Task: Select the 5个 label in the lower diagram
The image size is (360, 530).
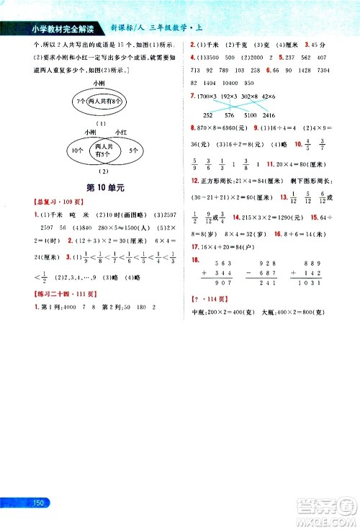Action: pyautogui.click(x=135, y=151)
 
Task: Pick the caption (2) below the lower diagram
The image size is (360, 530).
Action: pyautogui.click(x=102, y=171)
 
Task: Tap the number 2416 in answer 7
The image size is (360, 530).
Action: pyautogui.click(x=289, y=115)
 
